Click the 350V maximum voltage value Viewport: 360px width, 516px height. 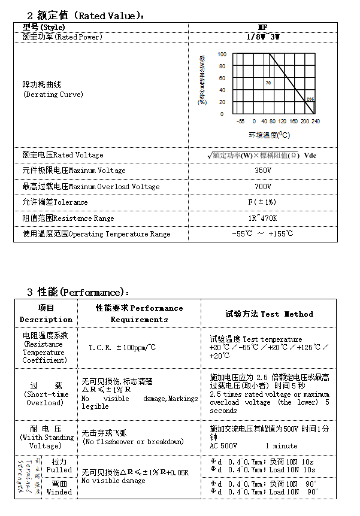coord(263,171)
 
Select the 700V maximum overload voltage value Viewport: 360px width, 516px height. coord(263,187)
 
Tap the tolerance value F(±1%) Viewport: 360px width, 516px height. coord(263,202)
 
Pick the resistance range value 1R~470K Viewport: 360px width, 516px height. coord(263,218)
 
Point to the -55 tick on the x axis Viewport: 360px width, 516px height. coord(240,121)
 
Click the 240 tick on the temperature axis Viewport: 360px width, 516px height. coord(316,121)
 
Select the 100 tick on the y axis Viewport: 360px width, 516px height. coord(222,54)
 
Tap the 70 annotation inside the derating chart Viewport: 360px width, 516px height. coord(268,83)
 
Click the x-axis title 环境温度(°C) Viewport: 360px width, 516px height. coord(270,135)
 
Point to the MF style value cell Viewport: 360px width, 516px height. coord(263,28)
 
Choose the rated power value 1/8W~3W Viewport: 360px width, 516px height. coord(263,37)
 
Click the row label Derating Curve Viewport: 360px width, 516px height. coord(53,95)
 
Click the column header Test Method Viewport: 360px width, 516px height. coord(269,314)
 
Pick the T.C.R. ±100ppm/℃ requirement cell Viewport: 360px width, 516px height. coord(122,348)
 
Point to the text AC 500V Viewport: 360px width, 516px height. coord(223,446)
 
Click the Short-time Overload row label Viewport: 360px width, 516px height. coord(46,394)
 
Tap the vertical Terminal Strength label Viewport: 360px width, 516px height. coord(27,477)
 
